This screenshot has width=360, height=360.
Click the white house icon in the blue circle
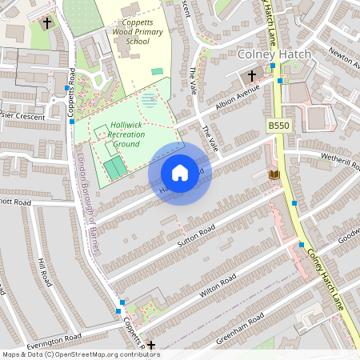coord(180,172)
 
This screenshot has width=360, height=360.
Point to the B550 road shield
coord(278,126)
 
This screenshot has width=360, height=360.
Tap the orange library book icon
coord(274,174)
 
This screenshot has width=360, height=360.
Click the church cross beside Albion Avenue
coord(252,76)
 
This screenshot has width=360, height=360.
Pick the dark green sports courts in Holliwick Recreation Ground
coord(115,167)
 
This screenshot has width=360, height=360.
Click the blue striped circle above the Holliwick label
coord(149,101)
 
